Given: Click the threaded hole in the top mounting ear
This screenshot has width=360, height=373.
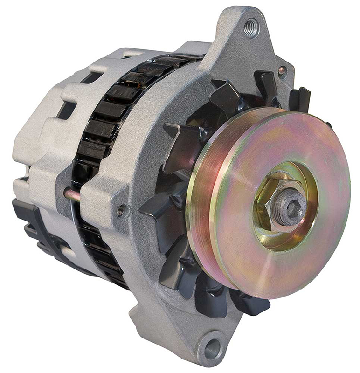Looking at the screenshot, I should point(250,28).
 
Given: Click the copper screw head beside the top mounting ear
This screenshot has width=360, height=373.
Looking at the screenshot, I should point(282,70).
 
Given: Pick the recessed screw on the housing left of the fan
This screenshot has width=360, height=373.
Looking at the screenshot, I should point(122,210).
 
